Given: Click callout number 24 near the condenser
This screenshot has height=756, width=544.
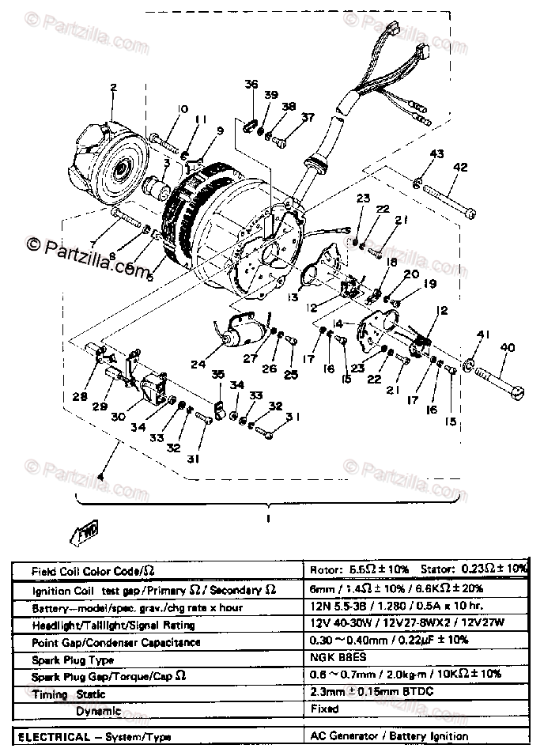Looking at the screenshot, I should (197, 365).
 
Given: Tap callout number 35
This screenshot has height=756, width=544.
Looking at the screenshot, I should (217, 375).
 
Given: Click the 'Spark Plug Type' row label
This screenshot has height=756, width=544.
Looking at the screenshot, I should (72, 660).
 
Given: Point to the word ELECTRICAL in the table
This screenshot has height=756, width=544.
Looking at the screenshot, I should (50, 736).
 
